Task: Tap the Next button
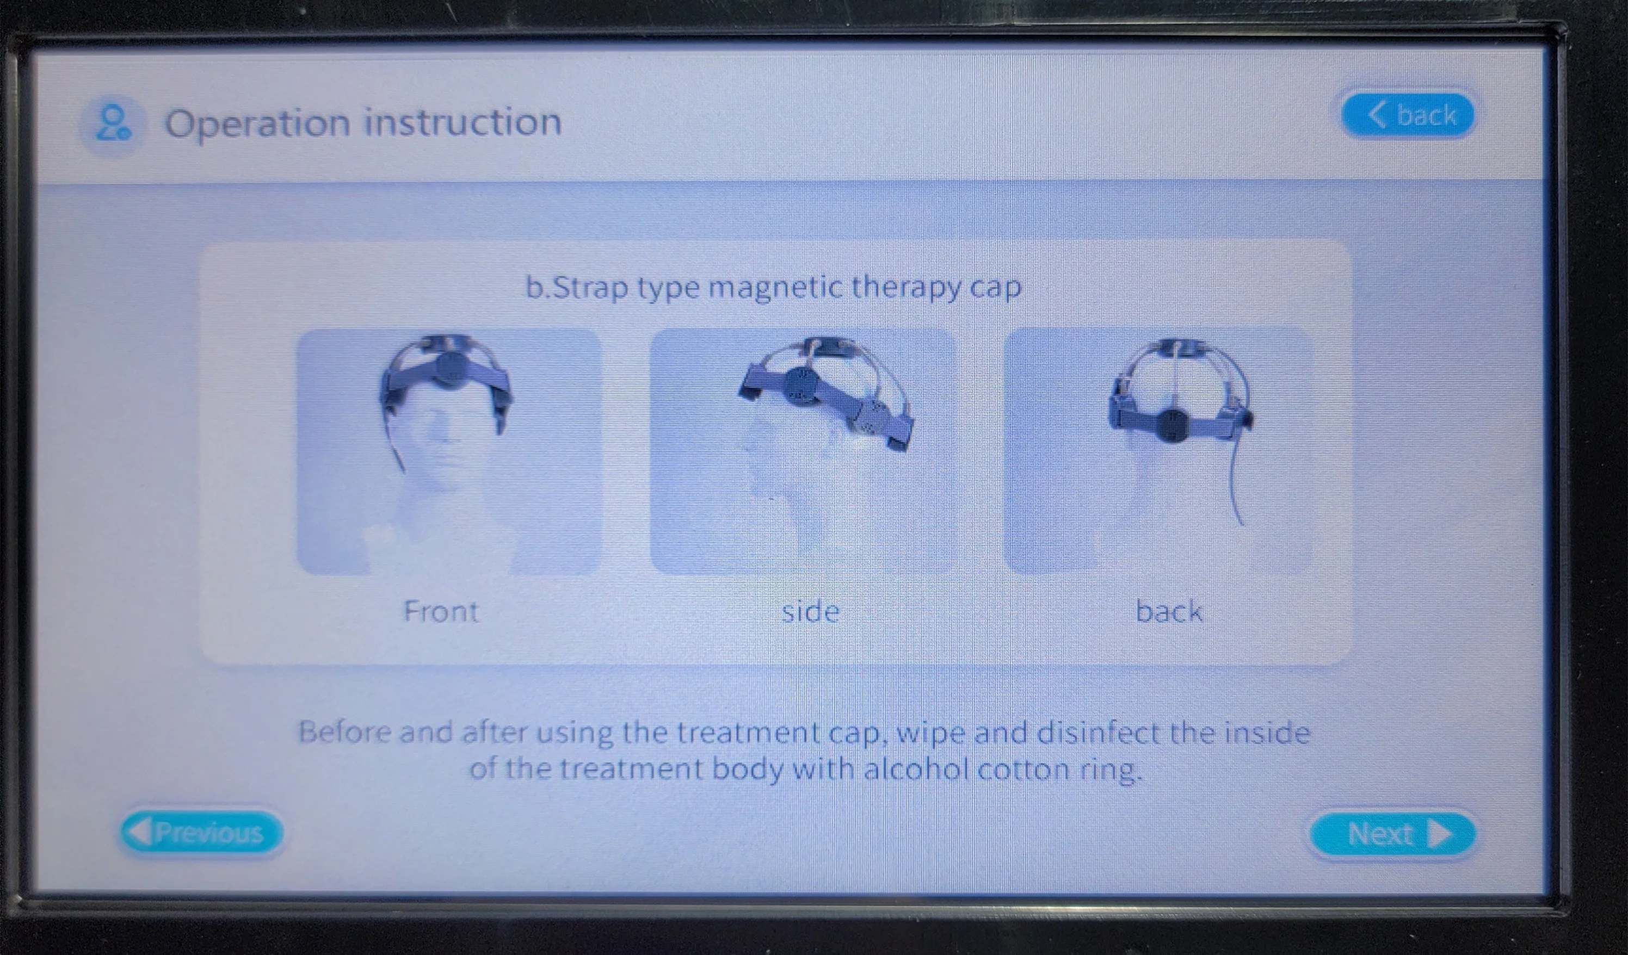pos(1392,834)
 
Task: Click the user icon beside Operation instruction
pos(112,123)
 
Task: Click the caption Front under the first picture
pos(441,611)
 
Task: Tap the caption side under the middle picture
pos(810,611)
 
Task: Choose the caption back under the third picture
pos(1169,611)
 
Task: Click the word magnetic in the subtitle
pos(776,287)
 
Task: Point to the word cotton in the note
pos(1023,770)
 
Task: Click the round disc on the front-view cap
pos(451,367)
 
